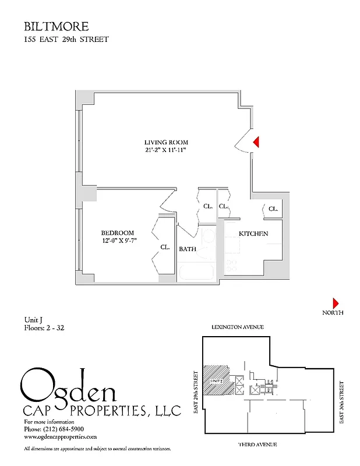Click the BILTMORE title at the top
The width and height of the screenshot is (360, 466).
pos(56,26)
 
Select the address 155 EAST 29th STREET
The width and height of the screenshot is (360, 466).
pos(66,40)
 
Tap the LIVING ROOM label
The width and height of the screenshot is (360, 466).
pos(166,142)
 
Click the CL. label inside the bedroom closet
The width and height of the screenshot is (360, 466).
pos(165,248)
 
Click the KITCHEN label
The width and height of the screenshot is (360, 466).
pos(253,234)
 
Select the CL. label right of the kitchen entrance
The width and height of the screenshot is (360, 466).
pos(273,208)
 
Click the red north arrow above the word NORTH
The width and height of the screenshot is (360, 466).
pos(336,303)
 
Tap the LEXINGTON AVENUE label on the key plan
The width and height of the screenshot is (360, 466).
pos(238,327)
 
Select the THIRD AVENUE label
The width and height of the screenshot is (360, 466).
pos(257,444)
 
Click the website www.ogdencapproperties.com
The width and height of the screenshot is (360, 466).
pos(60,436)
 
